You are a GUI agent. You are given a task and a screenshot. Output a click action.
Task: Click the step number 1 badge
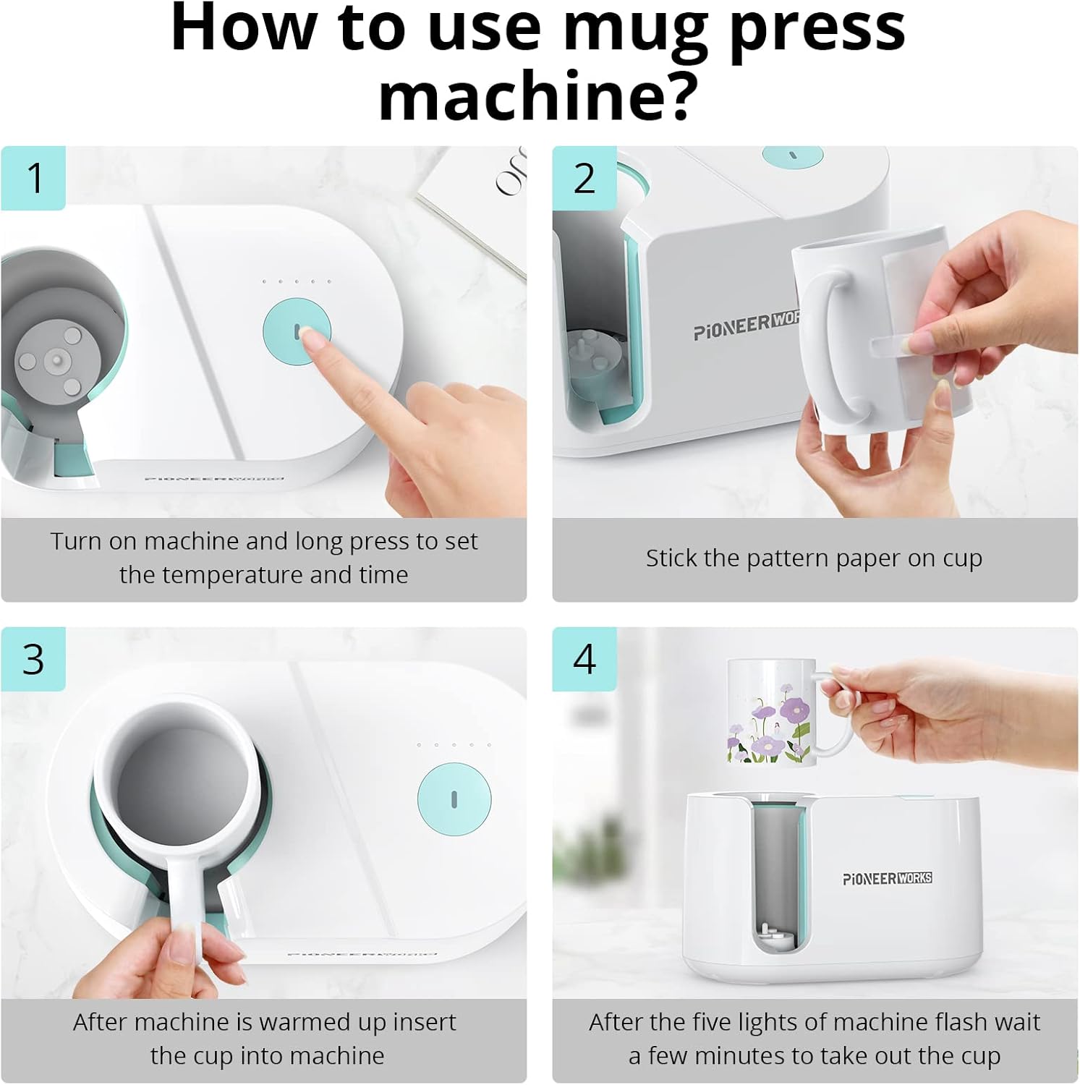[33, 178]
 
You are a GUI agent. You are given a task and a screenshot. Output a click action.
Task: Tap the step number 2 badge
[584, 178]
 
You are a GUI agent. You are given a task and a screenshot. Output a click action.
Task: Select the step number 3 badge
[33, 659]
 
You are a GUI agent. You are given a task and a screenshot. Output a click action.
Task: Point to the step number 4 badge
[584, 659]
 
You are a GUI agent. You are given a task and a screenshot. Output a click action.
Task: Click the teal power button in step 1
[296, 331]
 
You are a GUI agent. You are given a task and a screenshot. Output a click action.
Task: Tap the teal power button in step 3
[454, 799]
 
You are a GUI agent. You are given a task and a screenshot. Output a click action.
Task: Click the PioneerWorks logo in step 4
[887, 878]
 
